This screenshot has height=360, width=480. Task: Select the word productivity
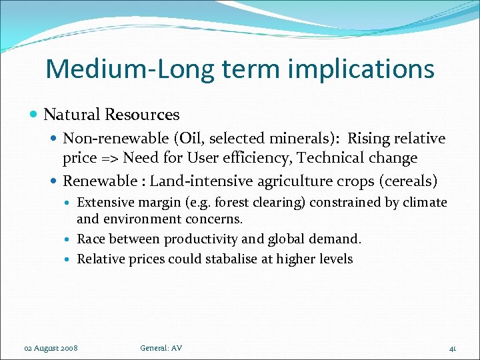[x=201, y=239]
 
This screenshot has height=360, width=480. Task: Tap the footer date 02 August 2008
[x=51, y=348]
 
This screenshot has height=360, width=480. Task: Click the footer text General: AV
[x=161, y=348]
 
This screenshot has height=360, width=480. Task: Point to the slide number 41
[x=452, y=348]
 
